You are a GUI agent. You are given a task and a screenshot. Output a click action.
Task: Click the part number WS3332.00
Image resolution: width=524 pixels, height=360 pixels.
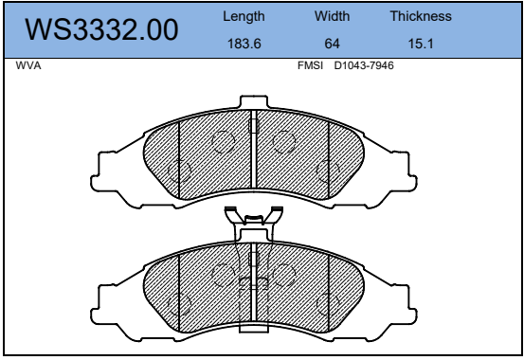coord(101,29)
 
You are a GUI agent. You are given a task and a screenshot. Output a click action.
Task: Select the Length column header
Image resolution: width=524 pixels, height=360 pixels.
coord(244,16)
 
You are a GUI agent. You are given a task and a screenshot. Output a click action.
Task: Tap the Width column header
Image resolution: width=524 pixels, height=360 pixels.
coord(332,16)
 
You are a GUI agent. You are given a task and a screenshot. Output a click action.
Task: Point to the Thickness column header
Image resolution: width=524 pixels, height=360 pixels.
coord(421,16)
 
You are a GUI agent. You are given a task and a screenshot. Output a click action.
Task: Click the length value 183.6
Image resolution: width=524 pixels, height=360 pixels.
coord(244,44)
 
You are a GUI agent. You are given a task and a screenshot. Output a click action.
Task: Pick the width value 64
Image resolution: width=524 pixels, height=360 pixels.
coord(332,44)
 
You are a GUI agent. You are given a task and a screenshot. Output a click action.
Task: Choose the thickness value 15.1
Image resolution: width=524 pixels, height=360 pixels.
coord(421,44)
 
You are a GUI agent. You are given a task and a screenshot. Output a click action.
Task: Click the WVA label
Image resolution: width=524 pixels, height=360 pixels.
coord(28,65)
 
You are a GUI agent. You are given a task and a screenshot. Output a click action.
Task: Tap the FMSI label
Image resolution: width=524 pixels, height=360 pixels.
coord(310,65)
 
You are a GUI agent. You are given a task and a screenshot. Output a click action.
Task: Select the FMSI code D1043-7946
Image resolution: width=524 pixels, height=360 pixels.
coord(364,65)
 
